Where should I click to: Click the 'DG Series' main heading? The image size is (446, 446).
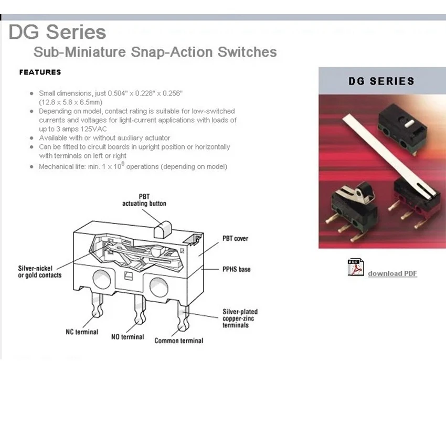[x=58, y=32]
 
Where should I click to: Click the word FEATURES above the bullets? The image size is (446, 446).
[x=40, y=72]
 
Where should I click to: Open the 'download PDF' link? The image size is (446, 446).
[x=392, y=273]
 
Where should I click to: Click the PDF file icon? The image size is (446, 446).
[x=356, y=268]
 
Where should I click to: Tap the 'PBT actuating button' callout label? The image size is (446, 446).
[x=144, y=200]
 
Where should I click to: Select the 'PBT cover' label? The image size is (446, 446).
[x=235, y=239]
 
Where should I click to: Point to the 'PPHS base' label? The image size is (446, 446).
[x=236, y=269]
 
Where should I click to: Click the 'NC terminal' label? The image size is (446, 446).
[x=82, y=332]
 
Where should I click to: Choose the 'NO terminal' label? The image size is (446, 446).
[x=128, y=337]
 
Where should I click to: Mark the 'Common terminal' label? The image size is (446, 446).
[x=179, y=341]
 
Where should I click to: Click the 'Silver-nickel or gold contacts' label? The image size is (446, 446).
[x=40, y=272]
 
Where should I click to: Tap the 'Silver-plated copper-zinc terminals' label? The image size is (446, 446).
[x=240, y=318]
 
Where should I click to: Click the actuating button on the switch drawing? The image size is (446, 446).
[x=163, y=229]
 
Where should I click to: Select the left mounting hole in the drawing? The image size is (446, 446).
[x=102, y=280]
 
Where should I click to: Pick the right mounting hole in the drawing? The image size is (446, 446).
[x=158, y=286]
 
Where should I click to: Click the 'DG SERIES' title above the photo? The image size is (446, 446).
[x=381, y=81]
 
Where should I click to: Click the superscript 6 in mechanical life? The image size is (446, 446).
[x=123, y=164]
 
